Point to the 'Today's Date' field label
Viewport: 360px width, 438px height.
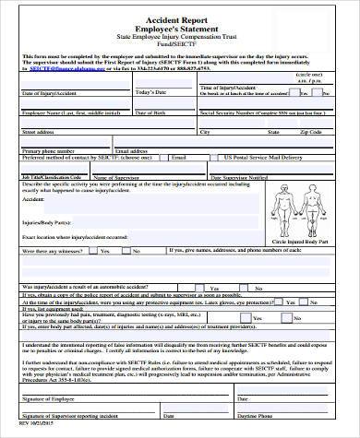coord(151,93)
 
